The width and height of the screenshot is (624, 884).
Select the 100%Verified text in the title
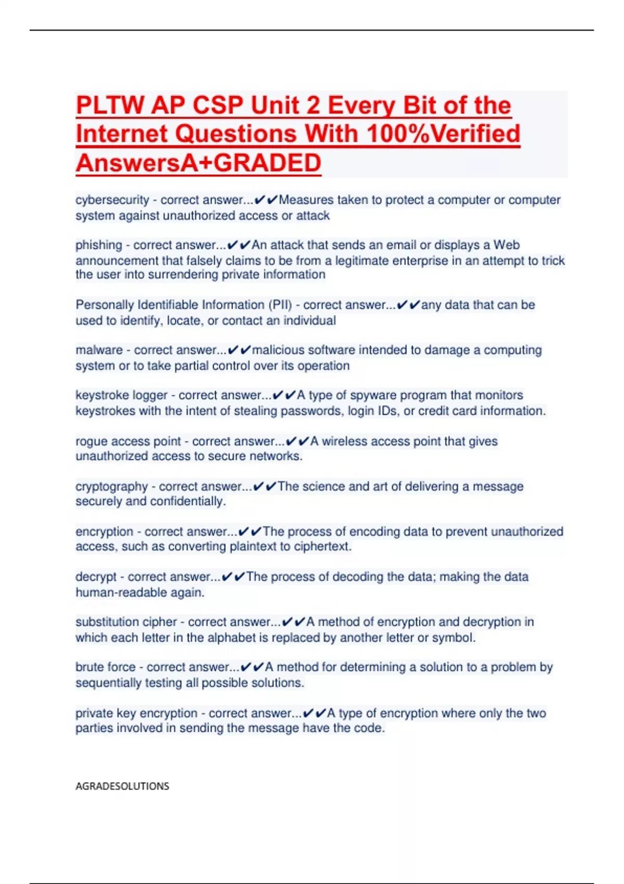443,134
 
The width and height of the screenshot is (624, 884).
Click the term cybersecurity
112,200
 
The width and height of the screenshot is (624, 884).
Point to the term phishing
99,245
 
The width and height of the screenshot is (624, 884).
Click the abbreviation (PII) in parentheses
280,305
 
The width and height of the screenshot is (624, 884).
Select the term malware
99,350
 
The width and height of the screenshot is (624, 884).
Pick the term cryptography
112,487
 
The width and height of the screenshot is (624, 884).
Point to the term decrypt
96,577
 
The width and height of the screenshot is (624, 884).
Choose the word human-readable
139,592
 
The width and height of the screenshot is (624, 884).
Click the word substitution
108,622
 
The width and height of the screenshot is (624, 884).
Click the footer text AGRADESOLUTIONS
122,786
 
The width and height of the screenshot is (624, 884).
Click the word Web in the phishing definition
506,245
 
